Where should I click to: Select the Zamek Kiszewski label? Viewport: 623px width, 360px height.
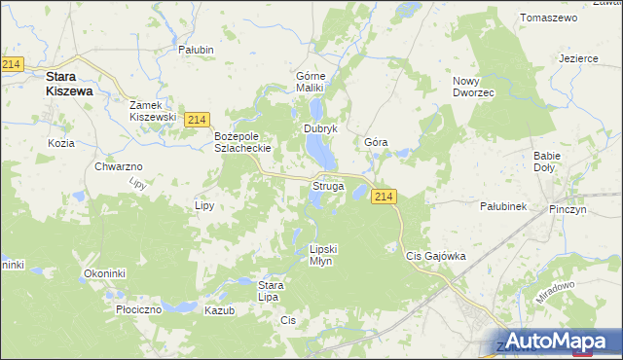click(x=154, y=110)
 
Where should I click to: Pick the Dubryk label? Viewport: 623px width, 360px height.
click(x=320, y=128)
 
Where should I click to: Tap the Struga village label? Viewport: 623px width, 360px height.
click(x=327, y=185)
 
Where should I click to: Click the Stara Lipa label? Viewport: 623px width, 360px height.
click(x=270, y=290)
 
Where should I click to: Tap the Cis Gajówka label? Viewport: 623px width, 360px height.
click(x=435, y=256)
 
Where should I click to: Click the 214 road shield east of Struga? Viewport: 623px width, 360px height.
click(x=384, y=197)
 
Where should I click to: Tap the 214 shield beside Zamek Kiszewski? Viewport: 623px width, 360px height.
click(x=198, y=120)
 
